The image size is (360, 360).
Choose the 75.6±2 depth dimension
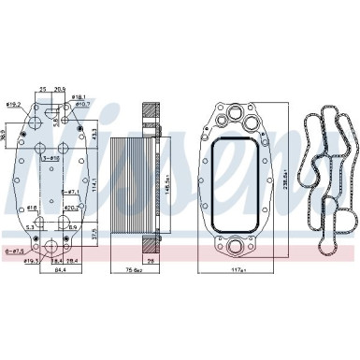tap(135, 272)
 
